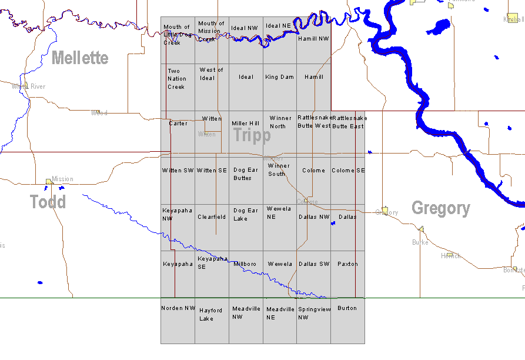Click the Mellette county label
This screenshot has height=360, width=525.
[80, 58]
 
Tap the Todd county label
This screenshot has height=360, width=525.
[48, 202]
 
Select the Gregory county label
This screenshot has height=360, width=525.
[440, 208]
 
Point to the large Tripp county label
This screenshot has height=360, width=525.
[252, 135]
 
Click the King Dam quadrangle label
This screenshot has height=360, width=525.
[279, 77]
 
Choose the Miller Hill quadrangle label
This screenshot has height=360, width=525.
[245, 124]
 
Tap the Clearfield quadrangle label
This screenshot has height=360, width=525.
[212, 217]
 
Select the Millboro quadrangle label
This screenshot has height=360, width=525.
[245, 264]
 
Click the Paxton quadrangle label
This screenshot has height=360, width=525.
[347, 264]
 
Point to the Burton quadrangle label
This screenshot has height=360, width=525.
[347, 308]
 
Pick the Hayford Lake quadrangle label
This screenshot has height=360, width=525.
[210, 314]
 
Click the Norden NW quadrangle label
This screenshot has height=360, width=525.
[178, 308]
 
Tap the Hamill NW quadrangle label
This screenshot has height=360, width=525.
[313, 39]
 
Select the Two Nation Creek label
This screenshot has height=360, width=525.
[176, 79]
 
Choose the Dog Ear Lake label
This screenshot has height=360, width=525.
[246, 214]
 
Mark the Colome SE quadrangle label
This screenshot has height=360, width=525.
[348, 171]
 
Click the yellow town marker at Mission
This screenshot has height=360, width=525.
[49, 182]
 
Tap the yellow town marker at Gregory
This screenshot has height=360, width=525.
[385, 210]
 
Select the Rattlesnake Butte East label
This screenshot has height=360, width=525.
[349, 122]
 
